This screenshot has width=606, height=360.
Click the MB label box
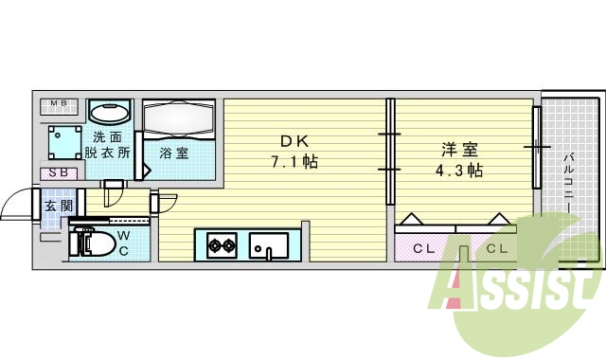pos(59,103)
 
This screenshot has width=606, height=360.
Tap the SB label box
pos(59,173)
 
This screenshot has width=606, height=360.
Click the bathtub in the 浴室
pos(181,119)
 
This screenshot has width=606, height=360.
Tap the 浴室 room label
pos(173,152)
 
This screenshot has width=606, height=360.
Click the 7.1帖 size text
pos(290,161)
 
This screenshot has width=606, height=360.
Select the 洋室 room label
pos(458,150)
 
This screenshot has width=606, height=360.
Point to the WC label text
pos(124,244)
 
